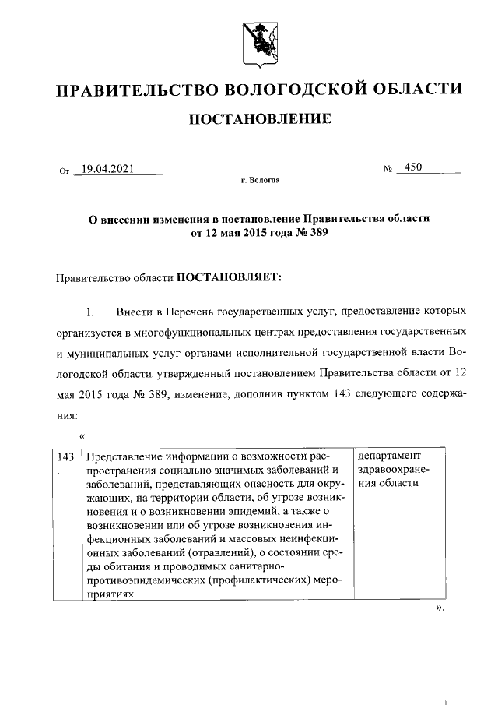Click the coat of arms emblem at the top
point(256,41)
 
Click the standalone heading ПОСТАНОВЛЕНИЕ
point(256,118)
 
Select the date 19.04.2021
point(108,167)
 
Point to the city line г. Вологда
point(260,181)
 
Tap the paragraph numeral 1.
point(90,313)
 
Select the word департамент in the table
point(388,456)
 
